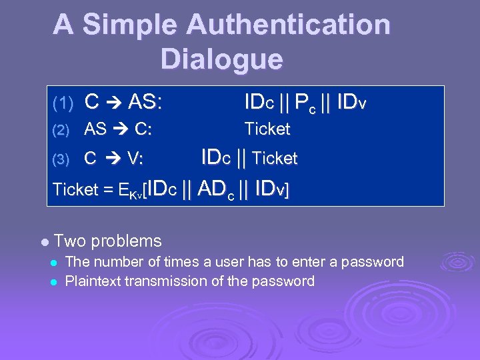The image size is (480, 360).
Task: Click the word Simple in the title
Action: coord(129,25)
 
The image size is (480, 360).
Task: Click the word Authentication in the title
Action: coord(288,25)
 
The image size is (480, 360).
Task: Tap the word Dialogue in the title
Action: coord(221,59)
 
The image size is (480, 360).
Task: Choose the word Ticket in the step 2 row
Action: coord(267,129)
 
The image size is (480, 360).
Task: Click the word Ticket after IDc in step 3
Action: coord(275,159)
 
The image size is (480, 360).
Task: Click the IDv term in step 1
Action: coord(352,103)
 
